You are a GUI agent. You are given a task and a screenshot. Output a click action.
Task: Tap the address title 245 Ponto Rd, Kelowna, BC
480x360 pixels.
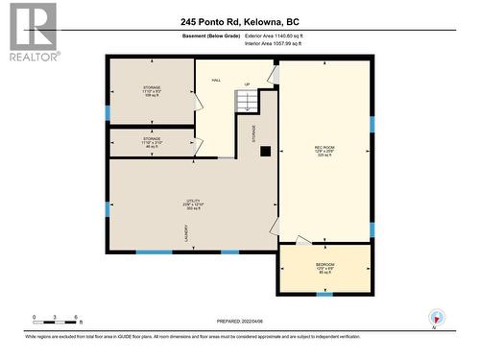point(239,20)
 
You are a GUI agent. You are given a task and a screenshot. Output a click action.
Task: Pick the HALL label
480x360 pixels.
point(217,80)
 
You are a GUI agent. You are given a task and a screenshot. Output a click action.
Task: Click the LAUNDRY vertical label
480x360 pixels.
point(184,232)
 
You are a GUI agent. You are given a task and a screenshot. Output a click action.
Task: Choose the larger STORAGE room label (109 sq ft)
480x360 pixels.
point(152,90)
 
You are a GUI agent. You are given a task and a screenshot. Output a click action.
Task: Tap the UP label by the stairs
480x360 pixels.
point(247,84)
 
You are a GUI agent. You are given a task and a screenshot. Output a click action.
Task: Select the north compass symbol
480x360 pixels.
point(437,319)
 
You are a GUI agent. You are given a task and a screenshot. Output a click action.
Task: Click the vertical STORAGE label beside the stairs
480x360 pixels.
point(254,132)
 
